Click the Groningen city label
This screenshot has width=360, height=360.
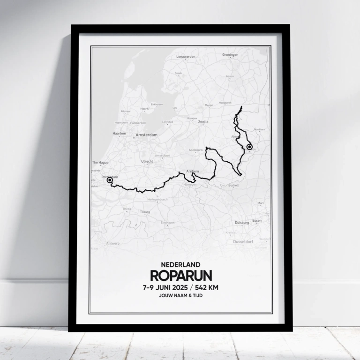(x=230, y=55)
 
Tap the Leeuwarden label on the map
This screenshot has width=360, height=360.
(x=185, y=56)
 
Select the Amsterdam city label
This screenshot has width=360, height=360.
(x=146, y=134)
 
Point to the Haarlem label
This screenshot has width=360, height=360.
(x=119, y=133)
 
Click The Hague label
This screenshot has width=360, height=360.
(x=100, y=163)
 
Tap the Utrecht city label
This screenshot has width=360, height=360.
(x=147, y=162)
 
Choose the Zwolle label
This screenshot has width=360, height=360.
(x=203, y=121)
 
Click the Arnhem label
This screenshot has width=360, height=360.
(x=192, y=171)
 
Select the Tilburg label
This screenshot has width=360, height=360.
(x=145, y=212)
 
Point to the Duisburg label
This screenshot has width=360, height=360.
(x=242, y=223)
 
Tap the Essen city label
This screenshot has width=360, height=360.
(x=257, y=220)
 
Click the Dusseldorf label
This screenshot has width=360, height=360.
(x=243, y=241)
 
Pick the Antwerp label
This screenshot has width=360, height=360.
(x=112, y=243)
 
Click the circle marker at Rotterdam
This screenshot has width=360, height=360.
(x=110, y=180)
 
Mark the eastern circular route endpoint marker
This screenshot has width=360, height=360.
(x=249, y=147)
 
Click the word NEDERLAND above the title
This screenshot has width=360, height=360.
(x=180, y=265)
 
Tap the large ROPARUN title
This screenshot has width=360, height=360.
(x=180, y=275)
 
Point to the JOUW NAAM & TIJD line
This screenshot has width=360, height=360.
(x=180, y=296)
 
